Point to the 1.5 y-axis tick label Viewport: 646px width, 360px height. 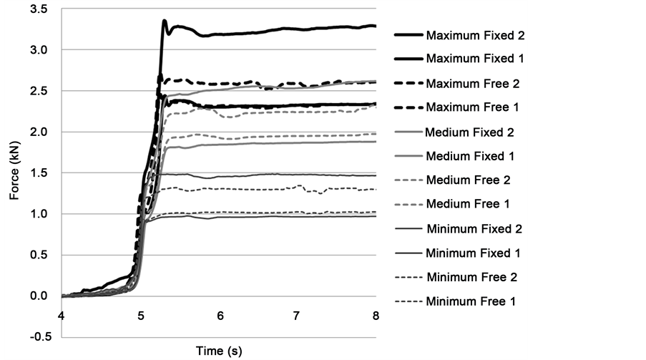click(x=40, y=173)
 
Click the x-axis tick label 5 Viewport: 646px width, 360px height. click(x=142, y=315)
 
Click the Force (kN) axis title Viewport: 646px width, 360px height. click(x=15, y=174)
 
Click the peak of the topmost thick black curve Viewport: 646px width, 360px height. click(x=165, y=21)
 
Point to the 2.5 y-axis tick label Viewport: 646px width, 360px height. click(x=40, y=92)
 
